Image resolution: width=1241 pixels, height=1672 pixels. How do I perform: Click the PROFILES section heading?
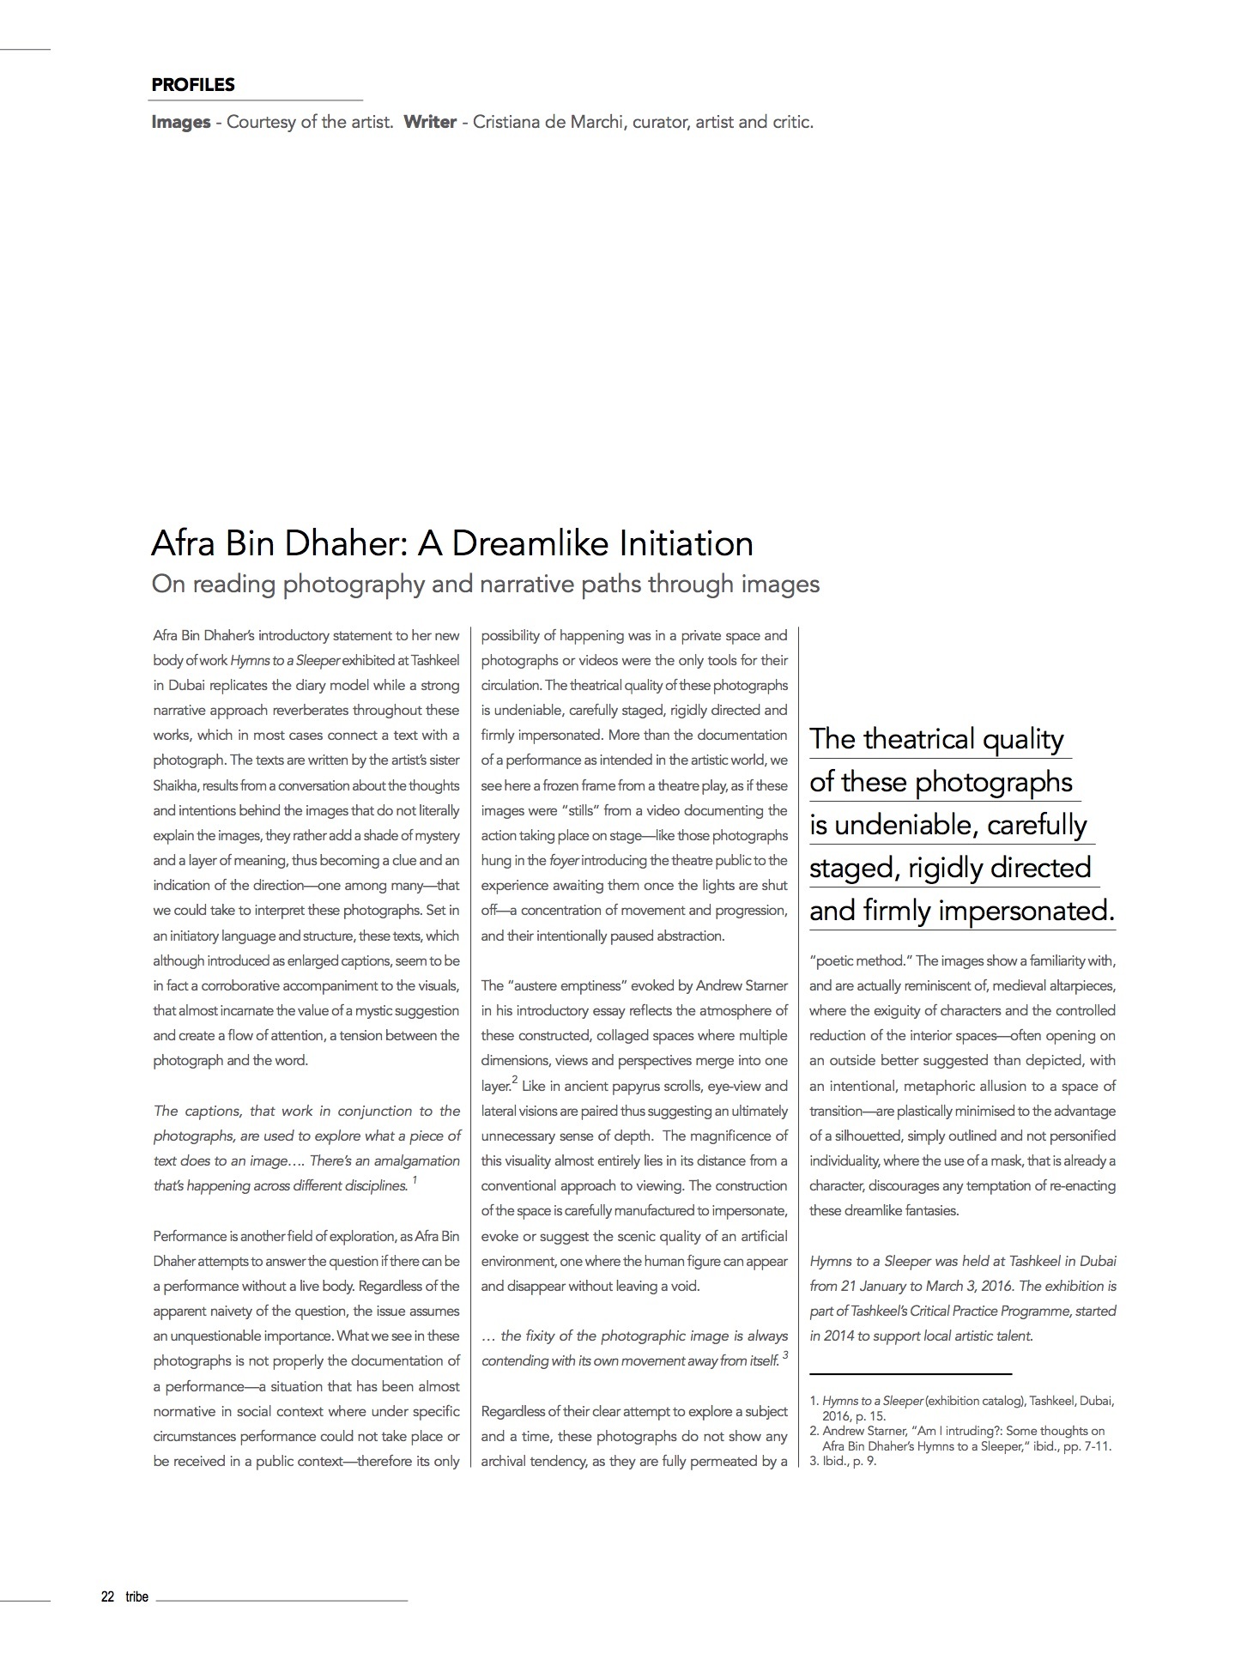point(193,85)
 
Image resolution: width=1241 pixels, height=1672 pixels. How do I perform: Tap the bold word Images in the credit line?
point(181,122)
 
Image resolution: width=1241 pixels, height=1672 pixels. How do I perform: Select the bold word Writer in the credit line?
point(430,122)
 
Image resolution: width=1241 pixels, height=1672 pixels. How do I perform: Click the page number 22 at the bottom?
point(108,1596)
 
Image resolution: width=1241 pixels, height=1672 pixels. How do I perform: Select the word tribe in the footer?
point(136,1596)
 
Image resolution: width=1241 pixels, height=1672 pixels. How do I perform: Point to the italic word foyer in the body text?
point(564,860)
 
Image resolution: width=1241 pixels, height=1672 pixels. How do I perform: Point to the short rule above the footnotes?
point(911,1374)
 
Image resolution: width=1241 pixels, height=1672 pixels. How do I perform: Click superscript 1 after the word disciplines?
point(415,1180)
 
